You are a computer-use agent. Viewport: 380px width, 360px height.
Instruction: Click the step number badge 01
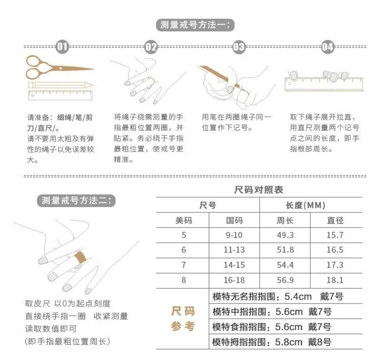pos(62,47)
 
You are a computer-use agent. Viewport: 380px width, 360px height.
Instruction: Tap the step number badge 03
pos(239,47)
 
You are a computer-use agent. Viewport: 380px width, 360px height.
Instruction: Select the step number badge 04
pos(327,47)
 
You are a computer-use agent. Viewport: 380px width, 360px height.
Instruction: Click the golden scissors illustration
pos(60,67)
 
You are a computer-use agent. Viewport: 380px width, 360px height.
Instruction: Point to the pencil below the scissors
pos(61,85)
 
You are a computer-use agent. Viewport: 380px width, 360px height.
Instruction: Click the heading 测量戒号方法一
pos(195,25)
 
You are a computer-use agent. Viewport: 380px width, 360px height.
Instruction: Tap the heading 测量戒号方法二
pos(76,200)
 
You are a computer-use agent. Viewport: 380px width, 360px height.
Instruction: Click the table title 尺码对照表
pos(258,189)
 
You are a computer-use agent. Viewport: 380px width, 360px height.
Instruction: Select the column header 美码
pos(183,220)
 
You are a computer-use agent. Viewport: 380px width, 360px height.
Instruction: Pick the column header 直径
pos(335,220)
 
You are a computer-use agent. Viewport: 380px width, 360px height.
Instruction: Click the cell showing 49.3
pos(285,235)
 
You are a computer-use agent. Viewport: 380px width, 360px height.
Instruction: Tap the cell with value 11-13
pos(234,250)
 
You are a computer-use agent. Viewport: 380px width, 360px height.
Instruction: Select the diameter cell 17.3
pos(335,265)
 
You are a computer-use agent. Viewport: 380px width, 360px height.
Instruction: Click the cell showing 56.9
pos(285,280)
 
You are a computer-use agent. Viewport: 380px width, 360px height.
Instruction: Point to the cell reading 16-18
pos(234,280)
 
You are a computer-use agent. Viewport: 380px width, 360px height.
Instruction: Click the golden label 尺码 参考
pos(183,319)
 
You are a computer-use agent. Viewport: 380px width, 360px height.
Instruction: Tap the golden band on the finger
pos(80,257)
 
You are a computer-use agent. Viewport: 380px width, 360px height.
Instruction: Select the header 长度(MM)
pos(305,206)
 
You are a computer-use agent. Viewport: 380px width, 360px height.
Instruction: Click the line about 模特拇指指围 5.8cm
pos(272,342)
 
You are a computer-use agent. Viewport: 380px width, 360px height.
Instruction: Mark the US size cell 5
pos(184,235)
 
